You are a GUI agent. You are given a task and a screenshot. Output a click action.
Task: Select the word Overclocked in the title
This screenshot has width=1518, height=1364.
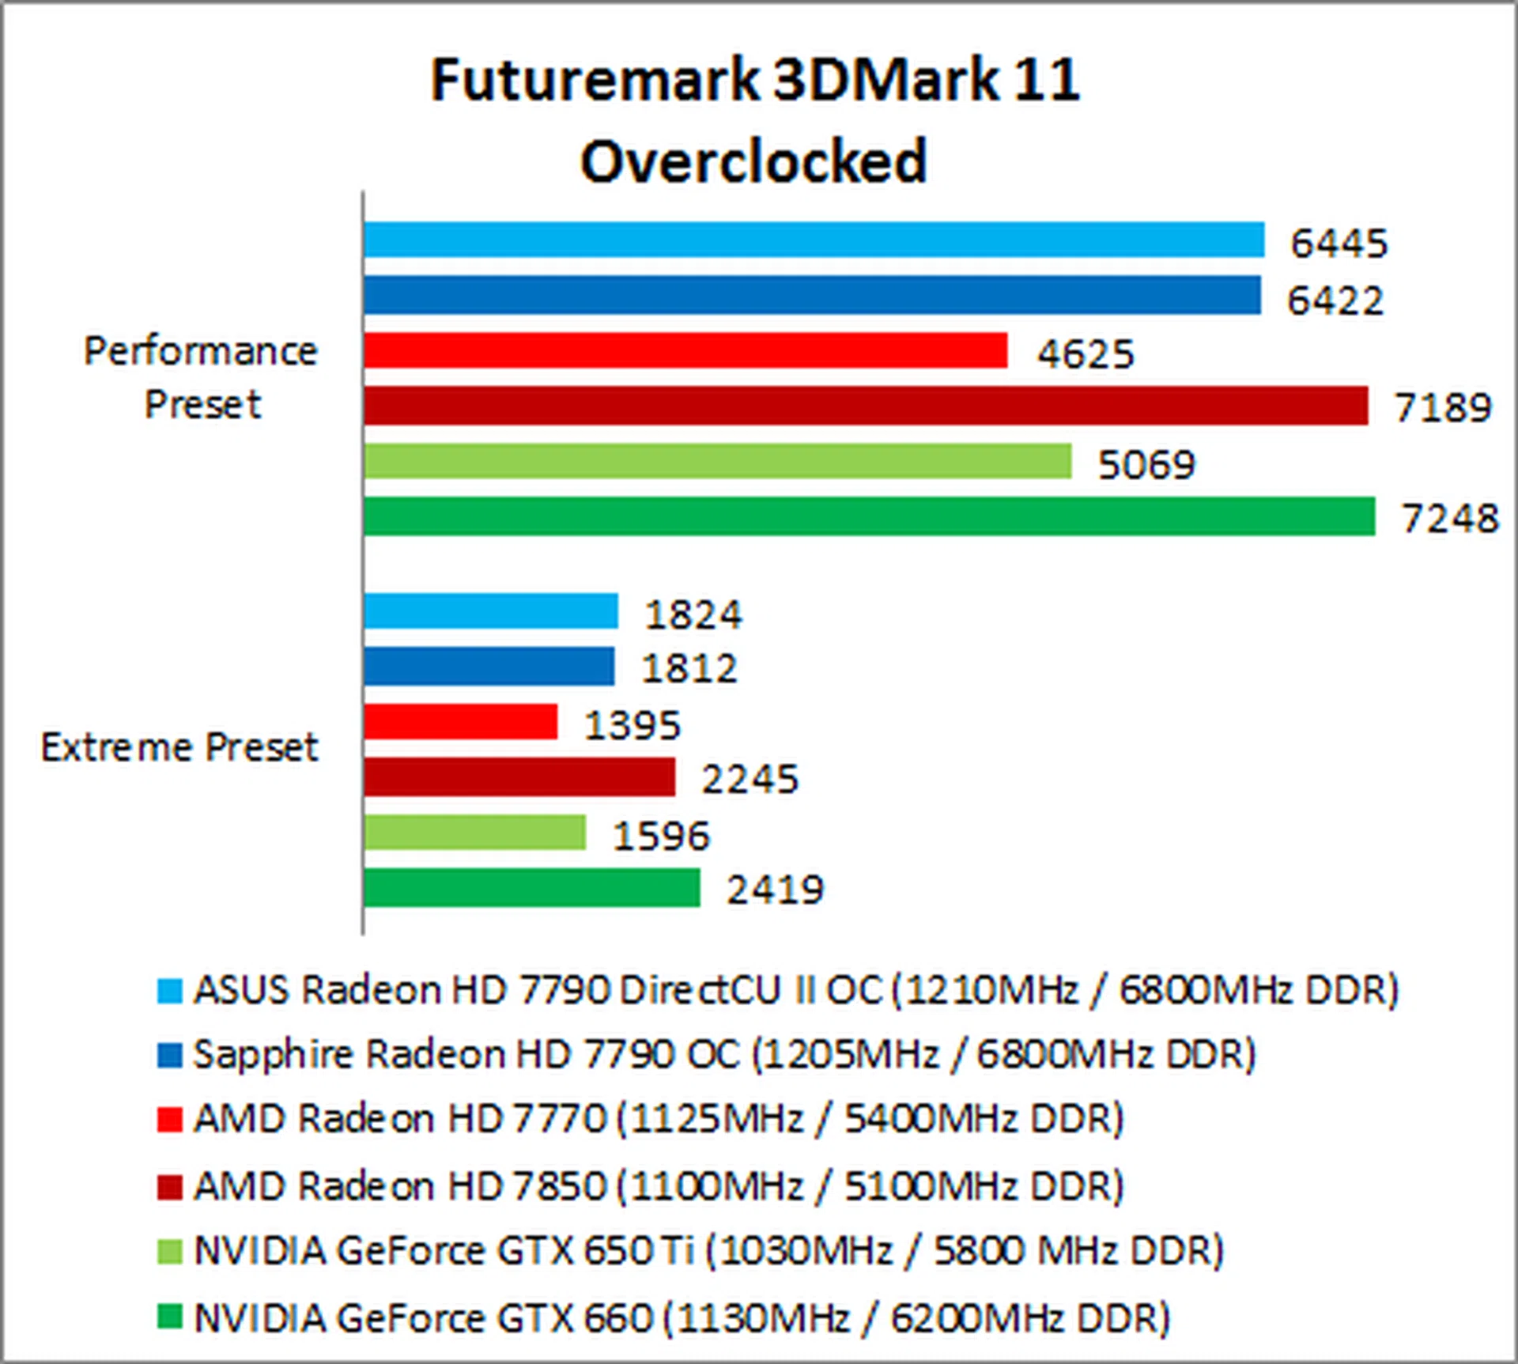click(x=753, y=161)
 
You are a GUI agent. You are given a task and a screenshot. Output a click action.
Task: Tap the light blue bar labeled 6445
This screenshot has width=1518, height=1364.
click(x=814, y=240)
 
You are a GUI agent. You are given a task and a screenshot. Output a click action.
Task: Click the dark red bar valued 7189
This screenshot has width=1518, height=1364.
click(x=865, y=406)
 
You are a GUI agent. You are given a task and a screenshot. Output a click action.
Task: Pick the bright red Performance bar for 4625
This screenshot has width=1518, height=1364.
click(x=685, y=350)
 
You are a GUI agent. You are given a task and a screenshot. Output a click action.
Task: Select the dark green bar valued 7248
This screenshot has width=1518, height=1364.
click(x=869, y=516)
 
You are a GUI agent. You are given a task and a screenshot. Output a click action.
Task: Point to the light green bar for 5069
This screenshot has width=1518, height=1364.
click(x=717, y=461)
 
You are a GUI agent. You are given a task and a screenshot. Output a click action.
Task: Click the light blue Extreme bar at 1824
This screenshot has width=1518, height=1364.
click(x=490, y=611)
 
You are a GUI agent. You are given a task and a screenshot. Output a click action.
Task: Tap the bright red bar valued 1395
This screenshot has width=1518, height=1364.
click(x=460, y=722)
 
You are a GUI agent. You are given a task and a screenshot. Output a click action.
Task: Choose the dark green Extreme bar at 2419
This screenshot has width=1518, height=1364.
click(x=531, y=888)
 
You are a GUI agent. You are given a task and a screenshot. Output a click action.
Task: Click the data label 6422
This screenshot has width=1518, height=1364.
click(x=1335, y=300)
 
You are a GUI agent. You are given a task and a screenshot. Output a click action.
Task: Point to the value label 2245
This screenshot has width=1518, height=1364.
click(x=750, y=779)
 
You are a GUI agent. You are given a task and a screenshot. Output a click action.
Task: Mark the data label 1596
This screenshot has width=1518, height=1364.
click(x=662, y=836)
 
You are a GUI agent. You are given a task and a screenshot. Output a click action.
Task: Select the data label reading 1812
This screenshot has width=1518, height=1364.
click(x=689, y=669)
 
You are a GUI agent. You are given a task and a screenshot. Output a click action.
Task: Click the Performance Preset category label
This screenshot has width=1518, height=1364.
click(x=201, y=378)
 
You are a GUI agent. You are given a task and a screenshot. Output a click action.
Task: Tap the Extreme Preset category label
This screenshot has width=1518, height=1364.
click(x=179, y=747)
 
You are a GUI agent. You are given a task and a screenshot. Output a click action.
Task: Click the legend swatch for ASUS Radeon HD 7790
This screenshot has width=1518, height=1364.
click(x=169, y=991)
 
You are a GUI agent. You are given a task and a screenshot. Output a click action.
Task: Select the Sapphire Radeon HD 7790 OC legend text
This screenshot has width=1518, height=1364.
click(x=724, y=1055)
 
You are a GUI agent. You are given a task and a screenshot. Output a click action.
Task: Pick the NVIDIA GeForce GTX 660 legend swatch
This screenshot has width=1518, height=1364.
click(x=169, y=1317)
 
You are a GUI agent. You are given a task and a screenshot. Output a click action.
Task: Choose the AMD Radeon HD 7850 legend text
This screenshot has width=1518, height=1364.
click(x=659, y=1186)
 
